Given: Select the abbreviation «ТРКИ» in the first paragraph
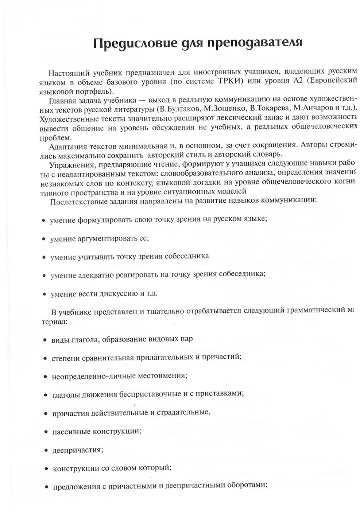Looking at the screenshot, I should pos(231,81).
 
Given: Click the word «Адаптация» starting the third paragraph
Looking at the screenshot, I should pos(67,147).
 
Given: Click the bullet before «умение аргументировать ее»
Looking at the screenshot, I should pos(44,239).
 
